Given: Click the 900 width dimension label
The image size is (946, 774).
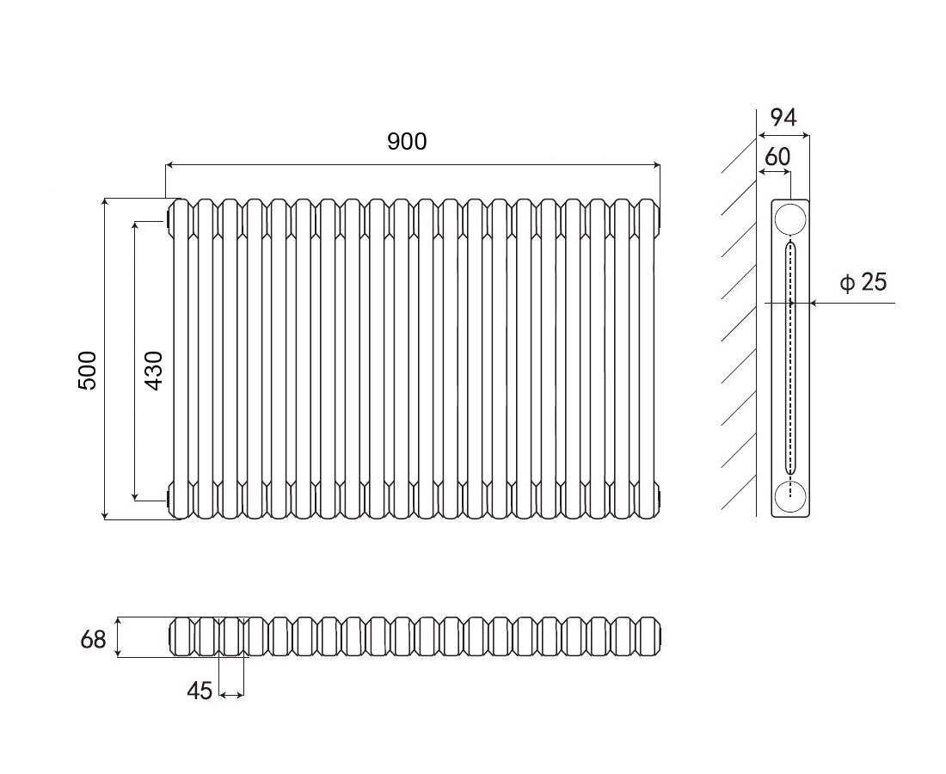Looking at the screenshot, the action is tap(407, 141).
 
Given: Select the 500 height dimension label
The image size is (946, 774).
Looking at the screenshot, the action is tap(88, 371).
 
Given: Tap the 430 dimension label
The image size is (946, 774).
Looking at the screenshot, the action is tap(155, 371).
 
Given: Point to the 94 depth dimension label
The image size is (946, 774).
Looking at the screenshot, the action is tap(783, 117).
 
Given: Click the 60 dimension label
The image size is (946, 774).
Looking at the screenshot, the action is tap(777, 157).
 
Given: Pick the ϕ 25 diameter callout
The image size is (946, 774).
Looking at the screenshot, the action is tap(864, 282).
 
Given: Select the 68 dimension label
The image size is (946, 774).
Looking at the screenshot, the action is tap(93, 640).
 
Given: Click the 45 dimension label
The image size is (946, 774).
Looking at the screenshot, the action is tap(200, 691).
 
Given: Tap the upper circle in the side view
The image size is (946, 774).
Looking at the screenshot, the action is tap(790, 219).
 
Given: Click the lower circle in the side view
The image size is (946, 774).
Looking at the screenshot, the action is tap(790, 496).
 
